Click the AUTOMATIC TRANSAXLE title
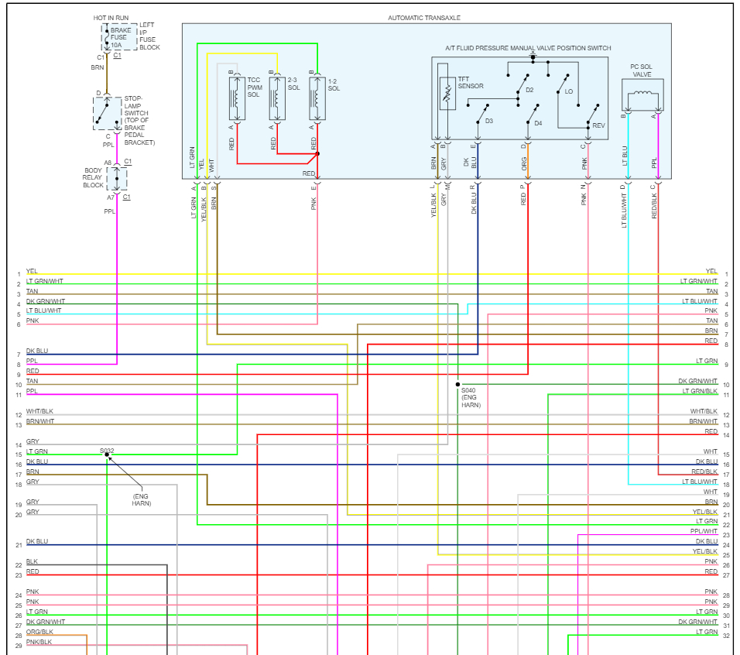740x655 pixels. pos(424,18)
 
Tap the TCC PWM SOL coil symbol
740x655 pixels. pos(237,98)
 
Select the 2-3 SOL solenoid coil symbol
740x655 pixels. pos(277,98)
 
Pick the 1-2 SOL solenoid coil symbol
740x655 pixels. pos(317,98)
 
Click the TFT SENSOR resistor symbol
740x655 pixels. pos(447,94)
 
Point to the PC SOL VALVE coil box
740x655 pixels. pos(642,95)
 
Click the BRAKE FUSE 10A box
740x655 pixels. pos(119,37)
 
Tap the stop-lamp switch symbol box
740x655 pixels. pos(107,113)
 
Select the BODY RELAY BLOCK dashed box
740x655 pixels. pos(117,179)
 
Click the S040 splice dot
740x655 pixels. pos(457,385)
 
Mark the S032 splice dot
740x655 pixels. pos(107,454)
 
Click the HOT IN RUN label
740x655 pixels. pos(111,18)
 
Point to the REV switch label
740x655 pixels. pos(598,125)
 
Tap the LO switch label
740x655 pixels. pos(569,91)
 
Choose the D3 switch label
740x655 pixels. pos(489,122)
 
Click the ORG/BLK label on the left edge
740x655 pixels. pos(39,632)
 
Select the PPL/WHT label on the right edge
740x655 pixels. pos(704,531)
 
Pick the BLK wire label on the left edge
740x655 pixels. pos(32,561)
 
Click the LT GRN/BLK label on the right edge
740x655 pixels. pos(700,391)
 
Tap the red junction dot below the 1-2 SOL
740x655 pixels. pos(317,154)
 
